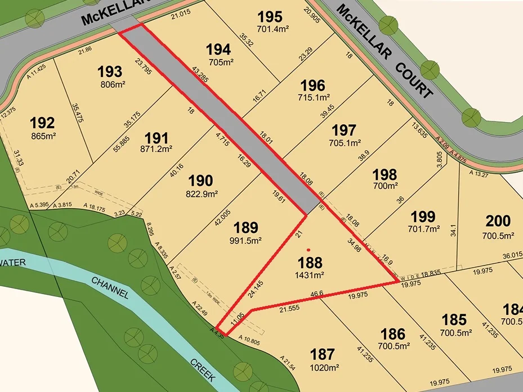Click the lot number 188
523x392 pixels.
[310, 263]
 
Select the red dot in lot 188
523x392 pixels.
[308, 249]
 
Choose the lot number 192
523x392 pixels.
[43, 123]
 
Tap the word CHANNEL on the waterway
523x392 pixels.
[110, 287]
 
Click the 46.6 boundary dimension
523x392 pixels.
[317, 294]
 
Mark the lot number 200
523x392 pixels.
[498, 221]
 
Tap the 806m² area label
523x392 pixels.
[111, 84]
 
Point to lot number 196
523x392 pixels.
[312, 85]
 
